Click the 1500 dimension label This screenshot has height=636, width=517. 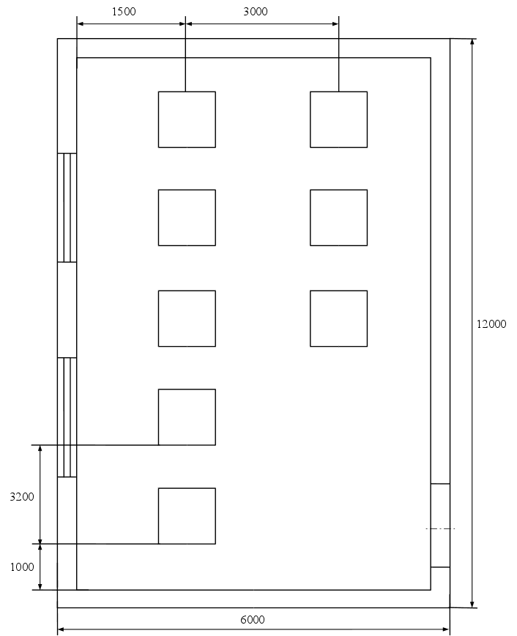[x=124, y=12]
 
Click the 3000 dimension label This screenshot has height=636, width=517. [x=256, y=12]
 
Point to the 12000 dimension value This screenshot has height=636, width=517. [x=491, y=323]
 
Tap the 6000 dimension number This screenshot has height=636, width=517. [x=253, y=619]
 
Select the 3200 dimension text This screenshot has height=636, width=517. [x=22, y=496]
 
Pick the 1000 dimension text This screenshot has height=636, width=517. [x=22, y=566]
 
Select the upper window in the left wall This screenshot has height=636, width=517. [x=67, y=208]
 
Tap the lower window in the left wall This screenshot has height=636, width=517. [x=67, y=417]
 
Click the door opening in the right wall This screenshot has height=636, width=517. [x=440, y=525]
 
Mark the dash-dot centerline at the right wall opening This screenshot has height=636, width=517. [x=440, y=528]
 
